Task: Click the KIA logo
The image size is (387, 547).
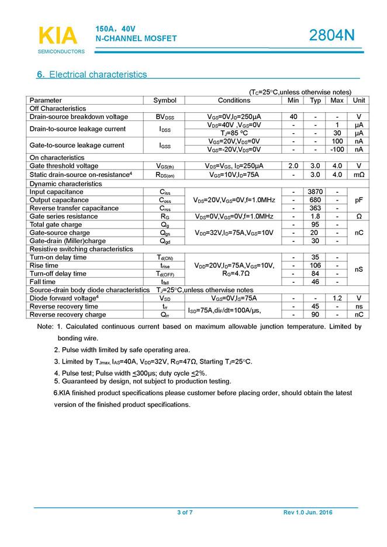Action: point(58,36)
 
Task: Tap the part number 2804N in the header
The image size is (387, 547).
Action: point(331,36)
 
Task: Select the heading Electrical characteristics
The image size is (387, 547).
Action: point(98,75)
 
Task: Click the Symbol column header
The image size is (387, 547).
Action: point(165,101)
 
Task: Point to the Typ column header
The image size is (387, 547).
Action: point(316,101)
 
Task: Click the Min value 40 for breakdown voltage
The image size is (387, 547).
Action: point(293,117)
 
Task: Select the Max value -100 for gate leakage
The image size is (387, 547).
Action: point(337,149)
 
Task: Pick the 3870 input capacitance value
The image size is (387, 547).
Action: point(316,192)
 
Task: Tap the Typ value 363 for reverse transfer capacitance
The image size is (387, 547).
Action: point(316,208)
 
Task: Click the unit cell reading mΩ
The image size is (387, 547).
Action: point(358,174)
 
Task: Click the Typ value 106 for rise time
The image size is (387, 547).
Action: point(316,265)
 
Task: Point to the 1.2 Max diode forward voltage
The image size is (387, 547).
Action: point(337,298)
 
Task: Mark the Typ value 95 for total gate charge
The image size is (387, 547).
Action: point(316,224)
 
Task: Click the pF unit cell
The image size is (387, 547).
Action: point(358,200)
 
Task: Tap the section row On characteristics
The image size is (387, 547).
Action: point(58,158)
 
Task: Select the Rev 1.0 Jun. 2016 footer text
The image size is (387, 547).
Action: point(307,513)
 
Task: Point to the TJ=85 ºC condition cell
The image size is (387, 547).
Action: point(234,133)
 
